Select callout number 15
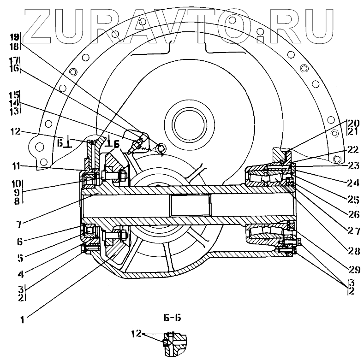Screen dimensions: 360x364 pyautogui.click(x=14, y=95)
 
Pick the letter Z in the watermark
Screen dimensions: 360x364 pyautogui.click(x=42, y=23)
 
